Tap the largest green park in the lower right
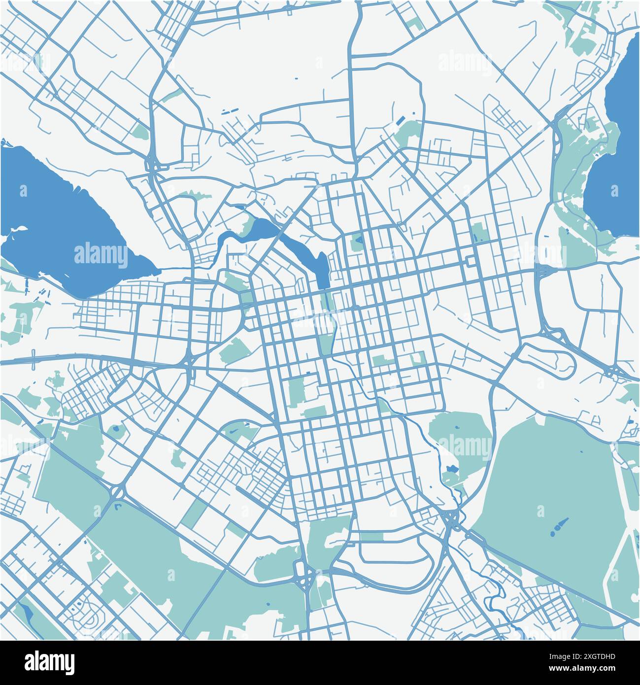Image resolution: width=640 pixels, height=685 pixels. point(547,483)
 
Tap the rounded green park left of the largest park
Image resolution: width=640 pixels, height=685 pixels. point(458,439)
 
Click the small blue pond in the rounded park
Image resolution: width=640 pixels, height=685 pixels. point(450,468)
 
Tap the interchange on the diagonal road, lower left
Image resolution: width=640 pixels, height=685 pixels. point(117,491)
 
